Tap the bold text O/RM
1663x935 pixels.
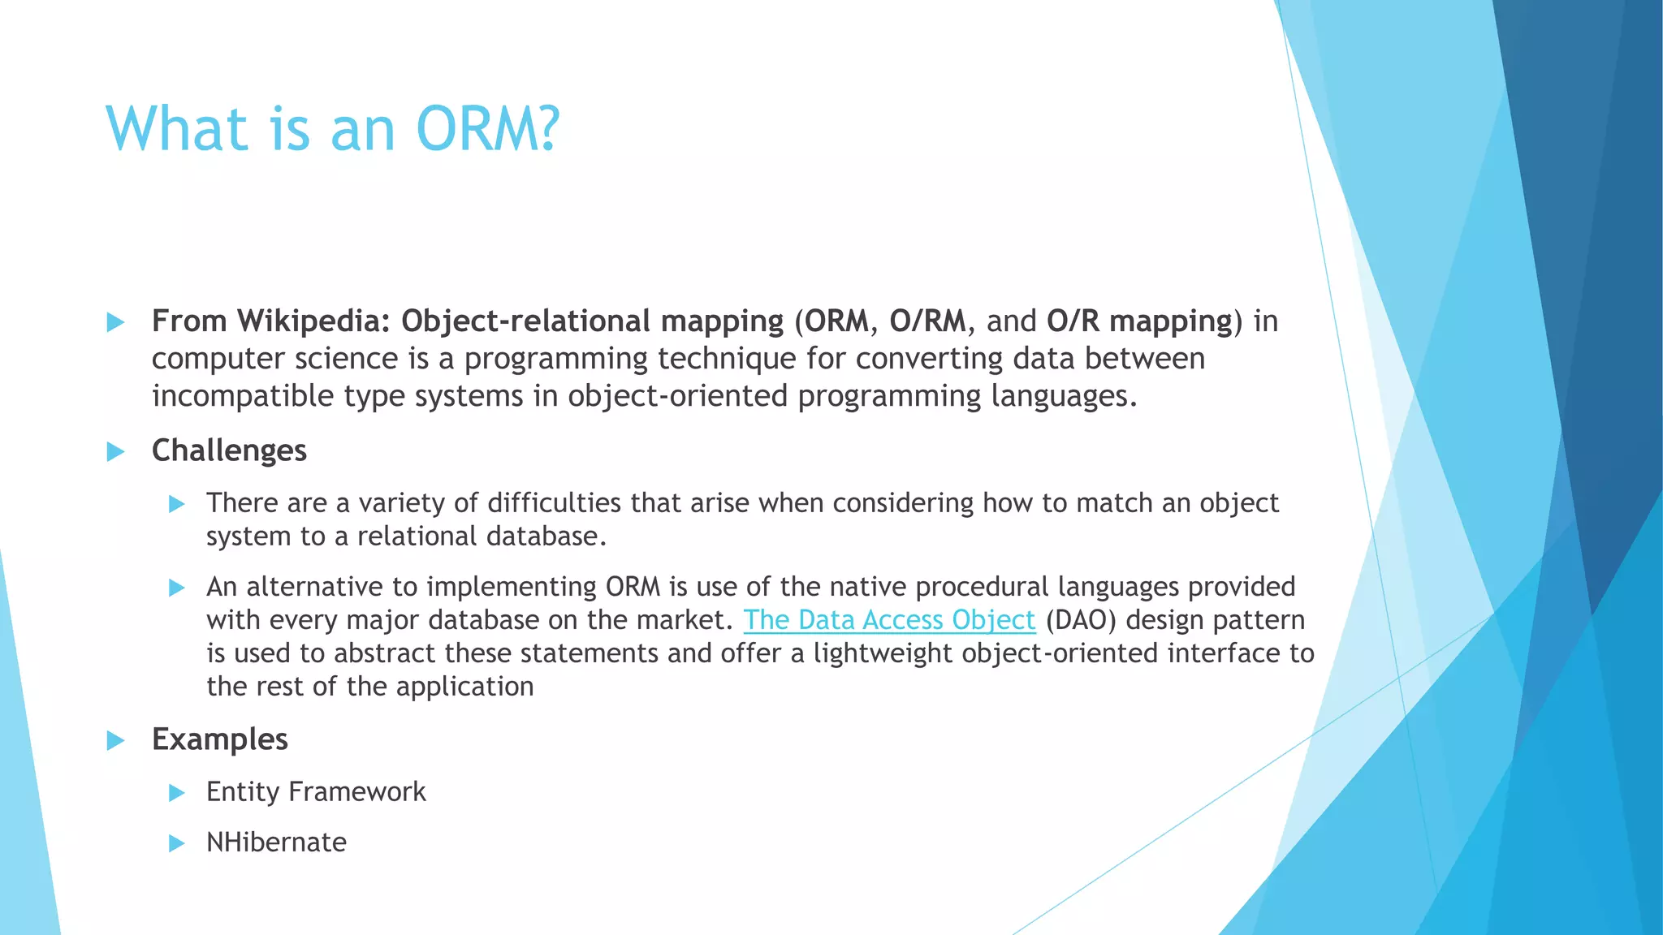[x=927, y=321]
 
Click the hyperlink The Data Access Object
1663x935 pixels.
[x=889, y=620]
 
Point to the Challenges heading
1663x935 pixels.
[x=229, y=450]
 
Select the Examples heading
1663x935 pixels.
[x=219, y=739]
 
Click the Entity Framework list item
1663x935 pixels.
[x=316, y=792]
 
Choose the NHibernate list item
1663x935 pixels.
[x=276, y=842]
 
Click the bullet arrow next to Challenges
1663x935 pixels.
[x=116, y=452]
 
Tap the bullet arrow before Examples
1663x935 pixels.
[x=116, y=741]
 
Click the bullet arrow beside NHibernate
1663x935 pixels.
[x=177, y=844]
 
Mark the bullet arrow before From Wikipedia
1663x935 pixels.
[x=116, y=323]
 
